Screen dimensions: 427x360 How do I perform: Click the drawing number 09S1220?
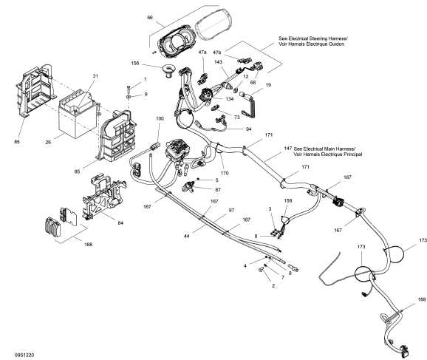point(24,355)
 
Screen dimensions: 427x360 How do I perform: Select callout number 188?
point(88,245)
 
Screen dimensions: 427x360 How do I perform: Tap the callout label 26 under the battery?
point(48,142)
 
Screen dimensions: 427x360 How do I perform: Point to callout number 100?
point(160,118)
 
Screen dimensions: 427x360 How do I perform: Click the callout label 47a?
point(202,52)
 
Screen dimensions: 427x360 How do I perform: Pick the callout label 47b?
point(217,52)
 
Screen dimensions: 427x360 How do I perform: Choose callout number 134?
point(230,99)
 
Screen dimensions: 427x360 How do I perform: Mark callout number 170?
point(225,173)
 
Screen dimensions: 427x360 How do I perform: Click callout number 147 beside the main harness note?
point(288,149)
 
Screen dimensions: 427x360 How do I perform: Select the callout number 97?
point(231,211)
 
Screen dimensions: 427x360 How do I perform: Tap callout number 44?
point(187,237)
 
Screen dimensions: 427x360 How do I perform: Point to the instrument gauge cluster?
point(174,44)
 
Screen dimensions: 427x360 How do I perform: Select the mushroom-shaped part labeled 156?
point(168,70)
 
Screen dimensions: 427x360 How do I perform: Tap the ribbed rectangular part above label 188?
point(52,227)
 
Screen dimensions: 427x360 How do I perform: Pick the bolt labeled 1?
point(129,89)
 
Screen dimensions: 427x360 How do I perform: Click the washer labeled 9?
point(129,97)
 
